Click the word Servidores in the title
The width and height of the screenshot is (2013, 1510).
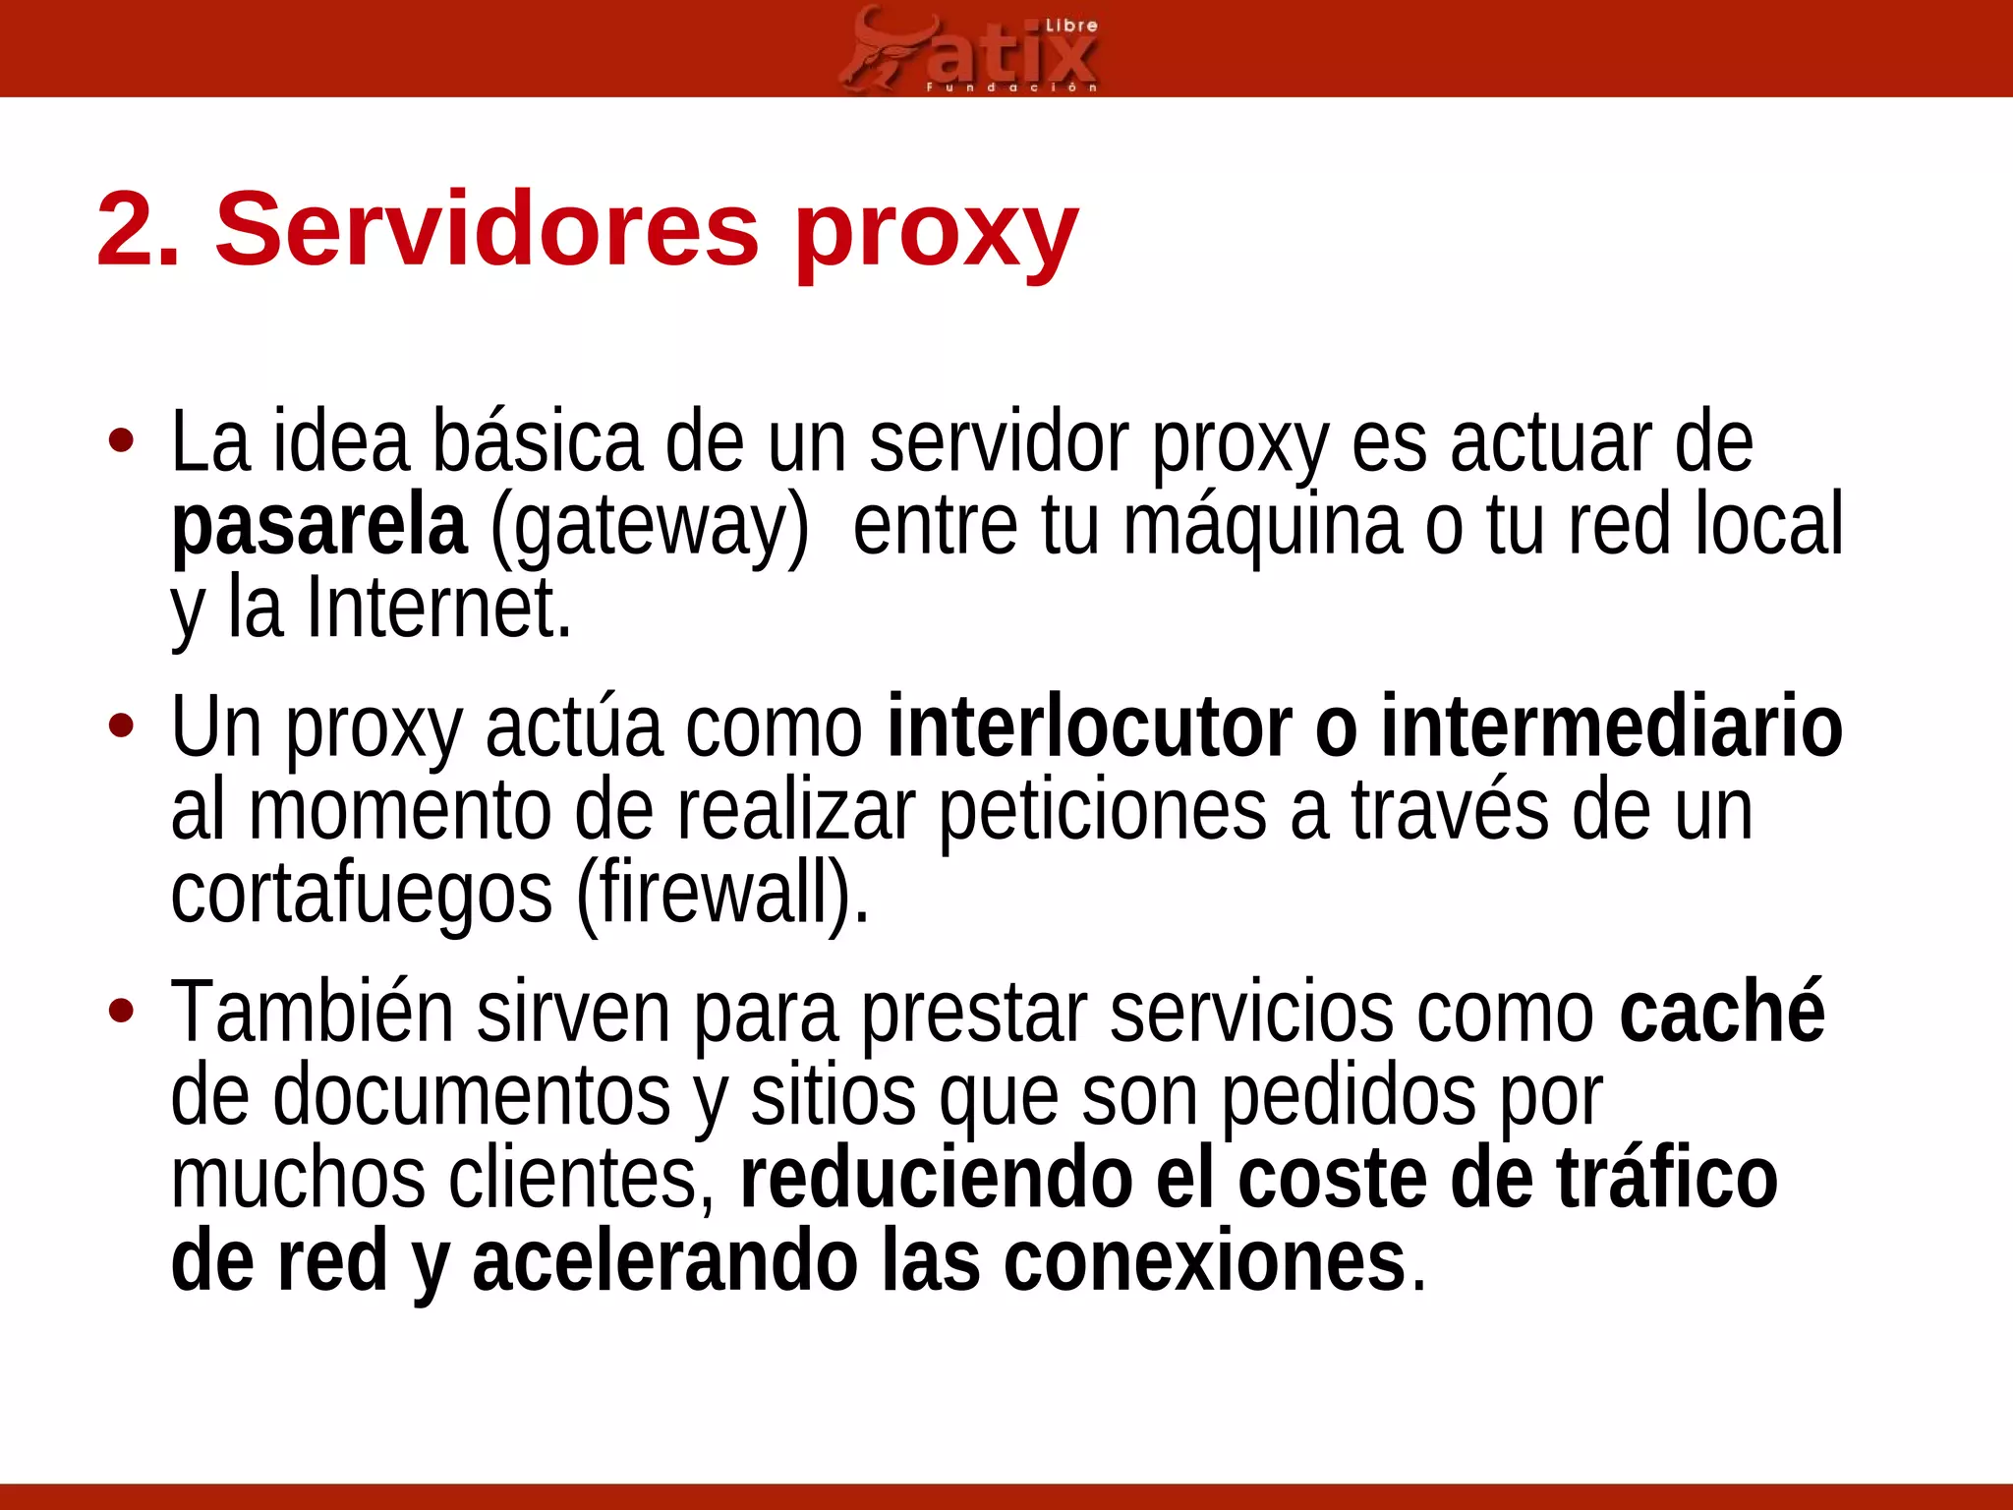pyautogui.click(x=488, y=230)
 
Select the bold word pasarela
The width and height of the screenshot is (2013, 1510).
pyautogui.click(x=318, y=527)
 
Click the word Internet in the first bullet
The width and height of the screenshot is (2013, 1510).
pyautogui.click(x=438, y=610)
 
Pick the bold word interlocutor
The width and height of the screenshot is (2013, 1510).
pyautogui.click(x=1089, y=727)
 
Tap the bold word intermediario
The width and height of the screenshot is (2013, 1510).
pyautogui.click(x=1612, y=727)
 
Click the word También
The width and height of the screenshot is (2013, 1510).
pyautogui.click(x=313, y=1013)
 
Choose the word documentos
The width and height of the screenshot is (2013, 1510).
pyautogui.click(x=472, y=1095)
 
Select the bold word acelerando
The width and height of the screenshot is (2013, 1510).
pyautogui.click(x=664, y=1262)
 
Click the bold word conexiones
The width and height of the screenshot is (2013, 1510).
pyautogui.click(x=1205, y=1262)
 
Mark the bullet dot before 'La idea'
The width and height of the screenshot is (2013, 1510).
pyautogui.click(x=121, y=442)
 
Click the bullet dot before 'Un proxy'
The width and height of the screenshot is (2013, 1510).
pyautogui.click(x=121, y=727)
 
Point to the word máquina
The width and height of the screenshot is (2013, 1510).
pyautogui.click(x=1262, y=527)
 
